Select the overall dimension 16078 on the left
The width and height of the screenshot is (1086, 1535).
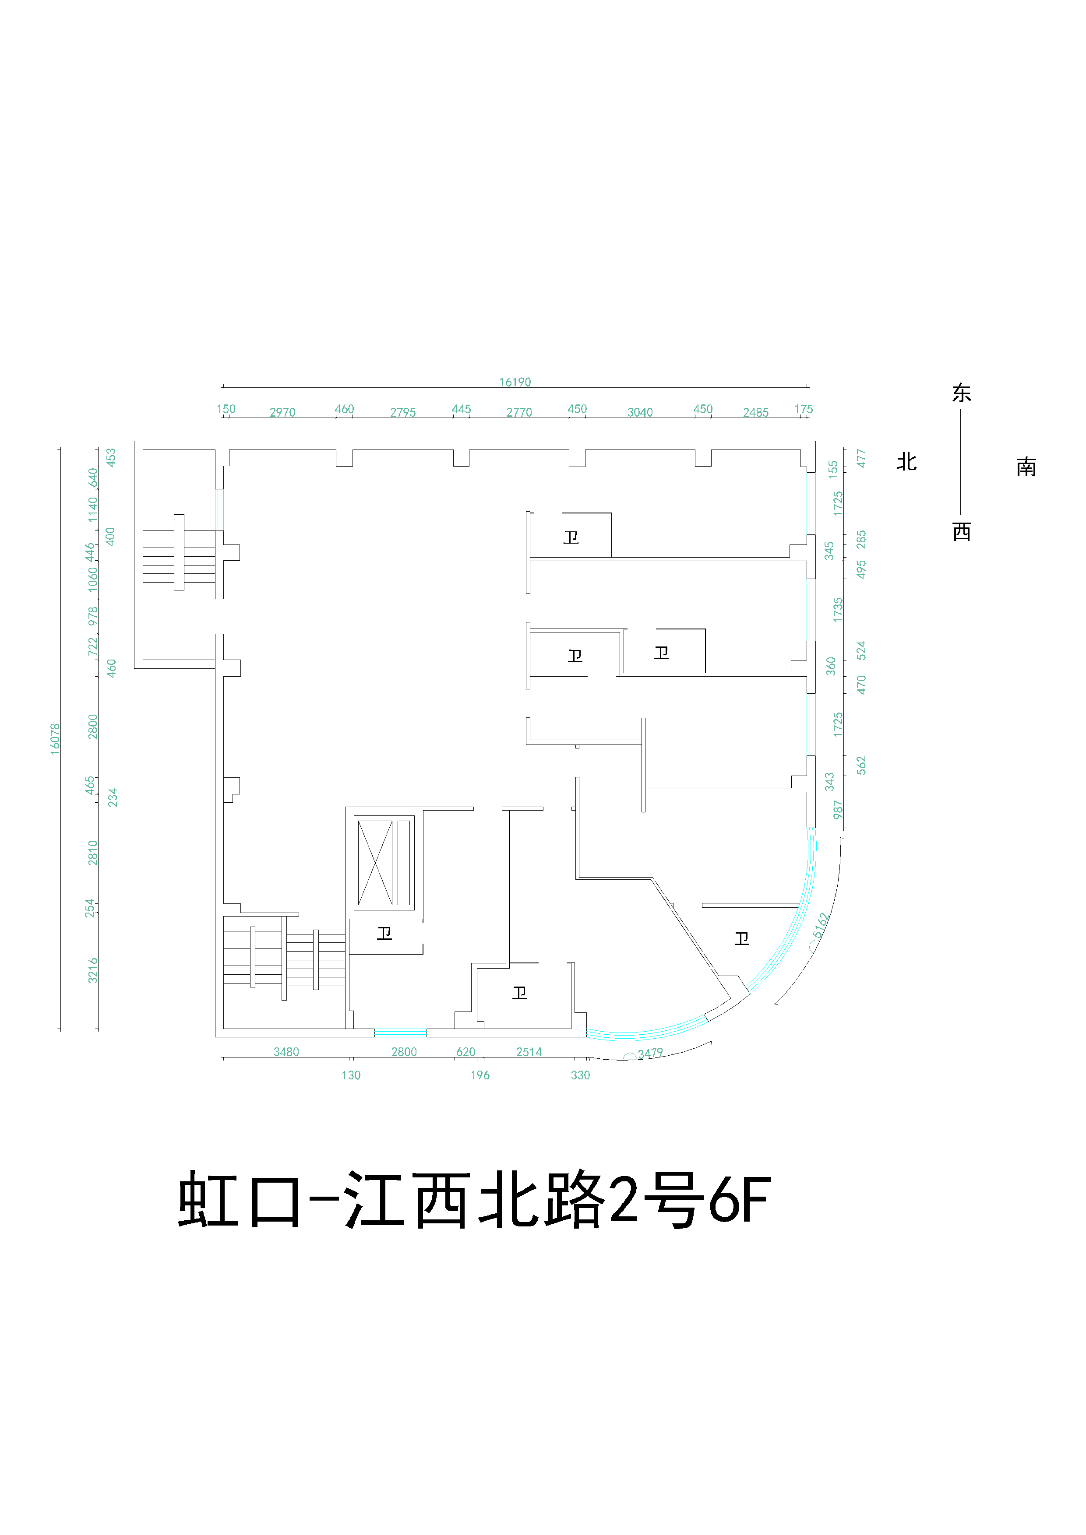click(x=55, y=739)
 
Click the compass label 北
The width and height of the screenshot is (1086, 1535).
click(x=906, y=462)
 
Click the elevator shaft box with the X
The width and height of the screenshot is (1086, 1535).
click(x=375, y=862)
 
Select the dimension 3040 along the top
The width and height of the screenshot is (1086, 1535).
click(x=639, y=412)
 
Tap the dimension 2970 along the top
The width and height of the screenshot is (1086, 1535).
click(x=282, y=412)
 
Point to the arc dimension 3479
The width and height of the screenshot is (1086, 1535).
click(x=649, y=1054)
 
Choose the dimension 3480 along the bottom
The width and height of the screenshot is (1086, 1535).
click(x=286, y=1052)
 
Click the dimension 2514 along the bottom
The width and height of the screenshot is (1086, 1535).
click(x=529, y=1052)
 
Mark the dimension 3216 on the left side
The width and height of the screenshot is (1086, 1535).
click(x=93, y=970)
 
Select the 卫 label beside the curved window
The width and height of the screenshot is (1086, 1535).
click(x=742, y=939)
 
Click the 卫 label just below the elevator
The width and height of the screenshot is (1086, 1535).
click(x=384, y=933)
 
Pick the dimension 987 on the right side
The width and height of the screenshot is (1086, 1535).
click(x=838, y=810)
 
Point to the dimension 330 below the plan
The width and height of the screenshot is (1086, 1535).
click(x=581, y=1075)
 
